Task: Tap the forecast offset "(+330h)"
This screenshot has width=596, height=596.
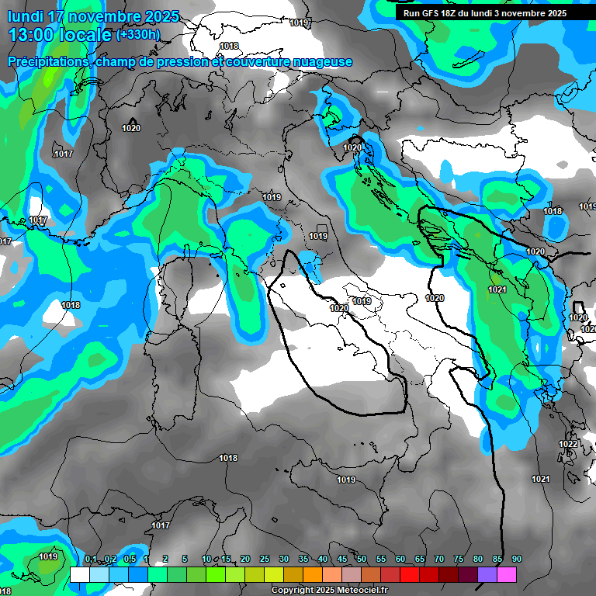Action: pyautogui.click(x=137, y=35)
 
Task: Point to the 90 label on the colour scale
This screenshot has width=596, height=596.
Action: pyautogui.click(x=517, y=560)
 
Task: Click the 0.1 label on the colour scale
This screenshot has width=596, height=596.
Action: pyautogui.click(x=91, y=560)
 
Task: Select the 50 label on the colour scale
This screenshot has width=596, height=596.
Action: pyautogui.click(x=362, y=560)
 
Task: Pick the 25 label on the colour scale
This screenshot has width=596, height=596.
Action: pyautogui.click(x=265, y=560)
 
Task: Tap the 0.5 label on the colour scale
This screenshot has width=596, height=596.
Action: pyautogui.click(x=130, y=560)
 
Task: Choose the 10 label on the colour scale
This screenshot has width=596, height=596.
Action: pyautogui.click(x=206, y=560)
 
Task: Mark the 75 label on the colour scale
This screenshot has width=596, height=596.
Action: pyautogui.click(x=459, y=560)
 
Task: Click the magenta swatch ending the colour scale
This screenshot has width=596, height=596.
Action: pyautogui.click(x=507, y=574)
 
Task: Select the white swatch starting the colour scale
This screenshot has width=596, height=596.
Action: pyautogui.click(x=79, y=574)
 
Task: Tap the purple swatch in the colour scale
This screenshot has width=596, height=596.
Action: pyautogui.click(x=487, y=574)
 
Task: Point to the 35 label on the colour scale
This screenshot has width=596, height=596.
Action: pyautogui.click(x=303, y=560)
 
